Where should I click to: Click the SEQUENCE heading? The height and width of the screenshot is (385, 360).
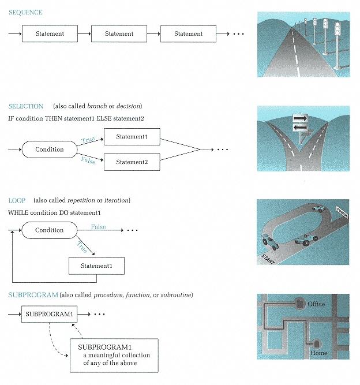click(x=25, y=12)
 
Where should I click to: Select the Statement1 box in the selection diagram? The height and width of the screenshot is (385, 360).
click(x=132, y=137)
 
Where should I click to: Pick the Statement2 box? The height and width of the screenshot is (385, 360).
click(x=132, y=162)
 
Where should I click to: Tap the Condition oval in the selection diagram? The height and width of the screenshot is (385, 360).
click(x=50, y=149)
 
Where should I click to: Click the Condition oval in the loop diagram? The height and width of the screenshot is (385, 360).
click(x=50, y=230)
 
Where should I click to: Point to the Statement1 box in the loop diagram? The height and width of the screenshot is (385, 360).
click(x=96, y=266)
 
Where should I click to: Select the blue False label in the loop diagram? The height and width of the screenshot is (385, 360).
click(x=98, y=227)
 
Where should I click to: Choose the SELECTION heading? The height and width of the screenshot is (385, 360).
click(x=26, y=106)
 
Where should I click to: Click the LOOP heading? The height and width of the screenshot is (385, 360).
click(x=17, y=200)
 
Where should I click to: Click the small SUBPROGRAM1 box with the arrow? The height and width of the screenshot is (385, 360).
click(x=50, y=314)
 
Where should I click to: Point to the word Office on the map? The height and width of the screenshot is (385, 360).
click(x=316, y=304)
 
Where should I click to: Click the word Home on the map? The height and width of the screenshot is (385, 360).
click(x=319, y=353)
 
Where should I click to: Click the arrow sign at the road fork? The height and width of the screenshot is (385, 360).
click(x=301, y=123)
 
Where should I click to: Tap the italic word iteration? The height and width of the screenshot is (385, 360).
click(x=115, y=200)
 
